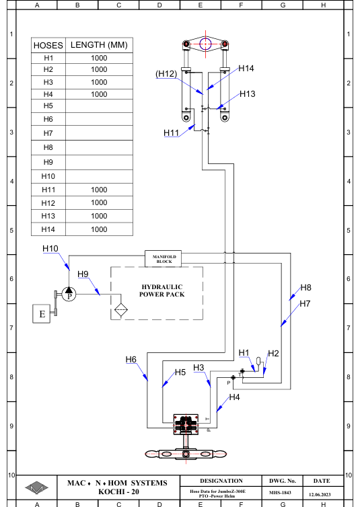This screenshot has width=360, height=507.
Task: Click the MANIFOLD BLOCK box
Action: pos(163,259)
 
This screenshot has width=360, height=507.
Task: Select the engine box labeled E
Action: pos(42,313)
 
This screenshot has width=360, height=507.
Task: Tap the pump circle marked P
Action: pos(69,294)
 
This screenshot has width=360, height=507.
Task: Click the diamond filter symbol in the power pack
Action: pos(121,309)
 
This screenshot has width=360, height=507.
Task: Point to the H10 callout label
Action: pos(50,248)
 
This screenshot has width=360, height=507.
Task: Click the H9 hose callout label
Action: pos(83,274)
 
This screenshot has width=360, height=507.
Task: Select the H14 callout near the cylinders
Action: pos(246,68)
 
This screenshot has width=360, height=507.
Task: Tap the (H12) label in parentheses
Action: pos(166,74)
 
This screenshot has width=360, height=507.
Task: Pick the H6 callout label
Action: pos(131,359)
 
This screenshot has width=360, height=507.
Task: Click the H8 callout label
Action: pos(305,287)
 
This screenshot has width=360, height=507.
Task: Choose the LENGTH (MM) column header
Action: pos(99,45)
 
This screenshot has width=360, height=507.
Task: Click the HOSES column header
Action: pos(48,45)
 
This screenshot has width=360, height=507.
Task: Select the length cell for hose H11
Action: pos(99,190)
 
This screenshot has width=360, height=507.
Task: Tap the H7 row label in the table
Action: pos(48,133)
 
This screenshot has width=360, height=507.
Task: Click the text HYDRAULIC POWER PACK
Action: pos(161,290)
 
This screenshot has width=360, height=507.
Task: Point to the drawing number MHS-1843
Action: pos(280,492)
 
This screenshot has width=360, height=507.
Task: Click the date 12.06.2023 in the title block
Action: pos(320,494)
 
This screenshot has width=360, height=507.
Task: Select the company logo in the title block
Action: pos(36,487)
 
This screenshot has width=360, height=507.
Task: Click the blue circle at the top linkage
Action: pos(205,44)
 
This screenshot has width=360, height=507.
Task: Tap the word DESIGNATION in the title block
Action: pos(221,481)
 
